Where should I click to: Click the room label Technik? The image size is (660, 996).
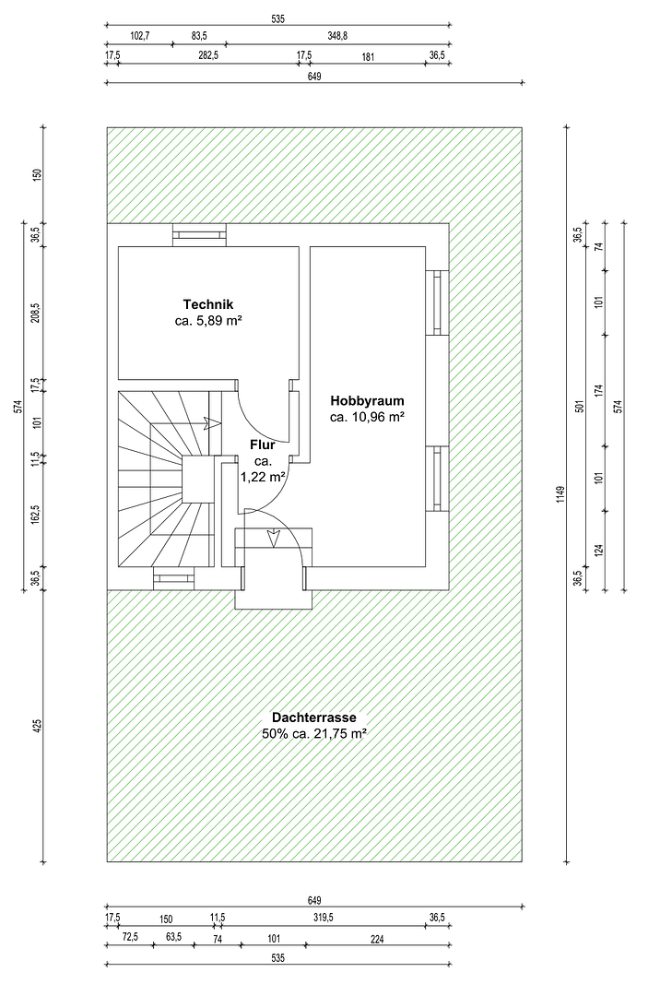[208, 304]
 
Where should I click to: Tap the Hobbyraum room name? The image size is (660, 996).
[367, 401]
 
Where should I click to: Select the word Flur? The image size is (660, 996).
[262, 445]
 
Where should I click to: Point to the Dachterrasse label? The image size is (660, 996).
[313, 717]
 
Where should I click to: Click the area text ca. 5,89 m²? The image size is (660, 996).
[208, 321]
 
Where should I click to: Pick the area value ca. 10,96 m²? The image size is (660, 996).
[367, 418]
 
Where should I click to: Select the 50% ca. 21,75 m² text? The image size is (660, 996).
[313, 734]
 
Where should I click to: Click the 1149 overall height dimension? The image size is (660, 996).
[560, 495]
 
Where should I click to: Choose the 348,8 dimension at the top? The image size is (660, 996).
[337, 36]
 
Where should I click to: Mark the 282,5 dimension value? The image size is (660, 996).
[208, 55]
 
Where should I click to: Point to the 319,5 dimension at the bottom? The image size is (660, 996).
[324, 918]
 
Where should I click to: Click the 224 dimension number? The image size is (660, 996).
[377, 940]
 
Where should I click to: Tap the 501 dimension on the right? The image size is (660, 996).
[579, 406]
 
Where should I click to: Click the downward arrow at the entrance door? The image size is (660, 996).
[274, 539]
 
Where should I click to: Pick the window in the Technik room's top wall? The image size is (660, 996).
[200, 235]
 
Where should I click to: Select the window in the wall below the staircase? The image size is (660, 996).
[174, 578]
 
